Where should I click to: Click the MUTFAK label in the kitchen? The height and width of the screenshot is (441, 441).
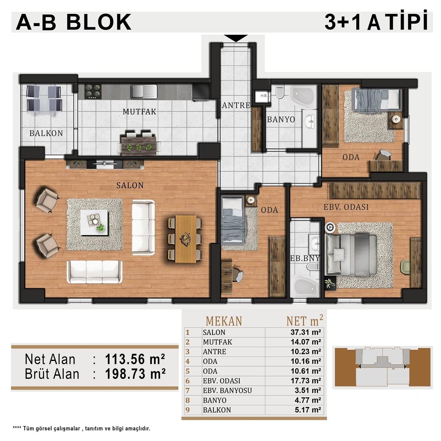point(139,112)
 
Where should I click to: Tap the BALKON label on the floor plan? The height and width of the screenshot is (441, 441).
point(46,133)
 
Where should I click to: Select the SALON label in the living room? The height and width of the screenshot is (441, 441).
point(130,185)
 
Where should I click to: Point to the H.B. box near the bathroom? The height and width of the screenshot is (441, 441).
point(264,96)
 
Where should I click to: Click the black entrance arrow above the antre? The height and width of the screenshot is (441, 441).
point(236,38)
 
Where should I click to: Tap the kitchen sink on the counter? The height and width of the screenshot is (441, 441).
point(144,92)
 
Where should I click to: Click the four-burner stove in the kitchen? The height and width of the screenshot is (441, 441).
point(93,91)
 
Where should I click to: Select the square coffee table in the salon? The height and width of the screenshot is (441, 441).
point(94,222)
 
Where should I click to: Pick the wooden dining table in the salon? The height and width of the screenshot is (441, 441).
point(186,239)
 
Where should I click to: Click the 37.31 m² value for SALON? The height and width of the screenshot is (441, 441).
point(306,332)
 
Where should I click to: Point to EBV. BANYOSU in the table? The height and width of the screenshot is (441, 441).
point(227,390)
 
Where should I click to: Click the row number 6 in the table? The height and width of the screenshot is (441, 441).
point(188,381)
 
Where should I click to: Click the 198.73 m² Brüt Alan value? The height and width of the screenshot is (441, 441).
point(135,374)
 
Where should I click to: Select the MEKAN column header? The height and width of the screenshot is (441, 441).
point(224,321)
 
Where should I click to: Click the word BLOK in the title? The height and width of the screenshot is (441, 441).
point(99,22)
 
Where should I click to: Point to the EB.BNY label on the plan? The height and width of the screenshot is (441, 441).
point(305,258)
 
